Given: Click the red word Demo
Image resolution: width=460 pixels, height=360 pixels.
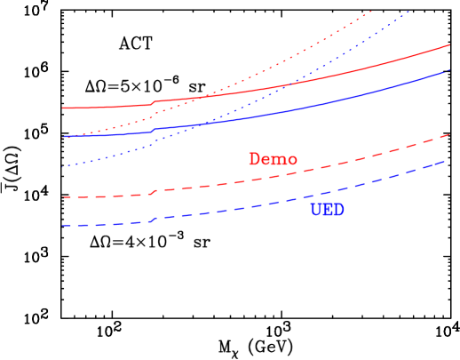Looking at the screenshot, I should [x=273, y=160].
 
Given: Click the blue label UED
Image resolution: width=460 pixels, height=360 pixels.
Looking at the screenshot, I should [x=327, y=211].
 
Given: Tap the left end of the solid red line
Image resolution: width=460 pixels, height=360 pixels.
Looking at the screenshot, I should [x=63, y=108].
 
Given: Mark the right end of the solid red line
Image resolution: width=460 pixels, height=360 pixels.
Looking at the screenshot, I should [x=449, y=44].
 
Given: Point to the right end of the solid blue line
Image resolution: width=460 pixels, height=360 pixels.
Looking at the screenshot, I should [x=449, y=69].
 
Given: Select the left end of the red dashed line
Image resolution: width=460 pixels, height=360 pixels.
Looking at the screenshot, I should [x=63, y=197].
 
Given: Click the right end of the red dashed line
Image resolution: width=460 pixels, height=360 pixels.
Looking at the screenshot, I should [x=449, y=134].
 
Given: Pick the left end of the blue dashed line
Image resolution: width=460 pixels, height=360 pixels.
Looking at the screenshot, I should [x=63, y=226].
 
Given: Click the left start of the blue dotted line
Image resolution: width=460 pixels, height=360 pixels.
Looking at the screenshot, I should [x=63, y=166].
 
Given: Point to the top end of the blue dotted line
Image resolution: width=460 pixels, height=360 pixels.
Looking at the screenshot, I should [x=409, y=11].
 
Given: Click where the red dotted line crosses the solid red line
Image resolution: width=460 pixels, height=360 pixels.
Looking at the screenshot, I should [x=202, y=95].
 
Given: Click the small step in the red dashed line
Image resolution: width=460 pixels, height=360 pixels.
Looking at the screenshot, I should [x=154, y=191].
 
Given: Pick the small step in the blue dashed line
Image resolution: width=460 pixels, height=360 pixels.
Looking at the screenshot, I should [x=154, y=220].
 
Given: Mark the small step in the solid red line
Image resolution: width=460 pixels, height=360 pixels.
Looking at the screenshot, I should [x=154, y=102].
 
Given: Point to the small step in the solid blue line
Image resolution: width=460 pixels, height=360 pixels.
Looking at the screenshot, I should [x=154, y=130].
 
